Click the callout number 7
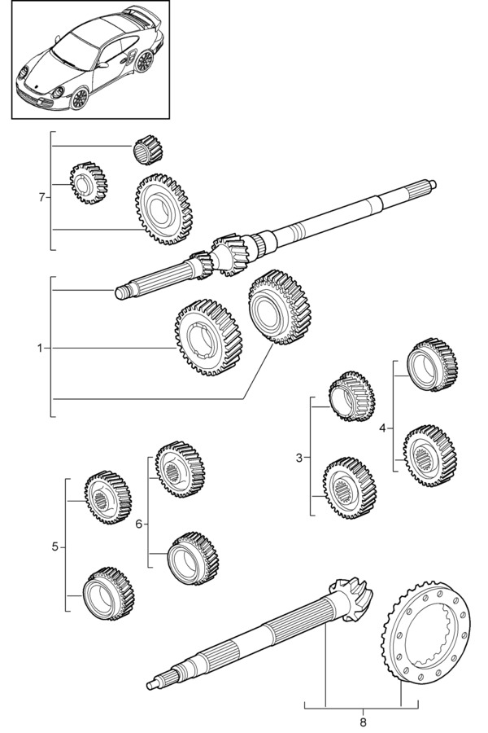pos(42,198)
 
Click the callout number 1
pos(40,348)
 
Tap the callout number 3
pos(299,458)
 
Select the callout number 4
pos(383,428)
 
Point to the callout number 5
pos(55,546)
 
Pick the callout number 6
pos(139,524)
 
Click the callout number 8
pos(364,722)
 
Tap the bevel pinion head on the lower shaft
pos(351,599)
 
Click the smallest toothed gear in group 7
pos(89,182)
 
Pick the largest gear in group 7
pos(164,209)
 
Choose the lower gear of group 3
pos(350,489)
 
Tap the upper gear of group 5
pos(108,497)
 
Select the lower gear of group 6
pos(194,558)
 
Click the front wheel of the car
pos(80,99)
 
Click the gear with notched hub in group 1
pos(209,337)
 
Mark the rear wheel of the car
pos(144,61)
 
